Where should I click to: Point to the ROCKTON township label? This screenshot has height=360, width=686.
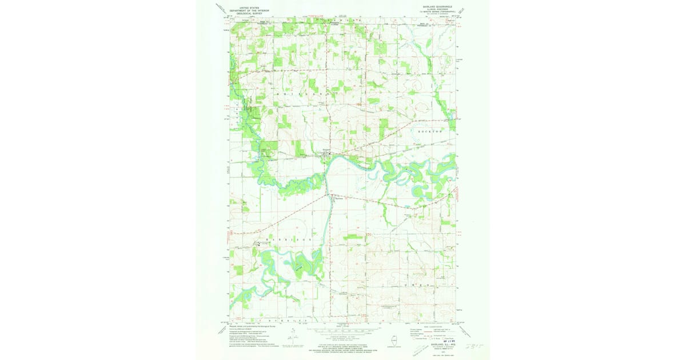point(430,131)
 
